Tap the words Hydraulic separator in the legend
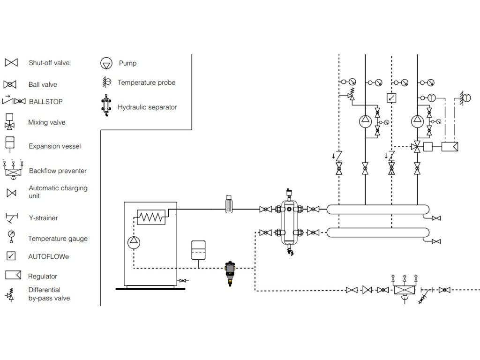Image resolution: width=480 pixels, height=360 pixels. click(x=147, y=107)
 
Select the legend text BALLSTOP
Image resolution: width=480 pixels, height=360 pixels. click(x=45, y=101)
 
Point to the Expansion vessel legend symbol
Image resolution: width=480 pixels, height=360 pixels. click(x=9, y=142)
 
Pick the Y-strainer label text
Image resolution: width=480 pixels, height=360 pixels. click(x=43, y=218)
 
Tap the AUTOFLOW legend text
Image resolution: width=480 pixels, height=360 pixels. click(x=49, y=257)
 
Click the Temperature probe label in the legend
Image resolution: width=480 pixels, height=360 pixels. click(x=146, y=82)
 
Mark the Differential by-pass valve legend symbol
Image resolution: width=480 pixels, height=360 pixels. click(x=10, y=294)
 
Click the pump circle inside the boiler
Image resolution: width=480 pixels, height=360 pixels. click(x=134, y=241)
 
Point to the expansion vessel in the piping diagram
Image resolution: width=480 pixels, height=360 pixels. click(x=199, y=249)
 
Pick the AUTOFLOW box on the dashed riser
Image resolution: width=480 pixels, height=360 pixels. click(x=391, y=98)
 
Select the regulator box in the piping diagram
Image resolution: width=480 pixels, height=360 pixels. click(x=450, y=146)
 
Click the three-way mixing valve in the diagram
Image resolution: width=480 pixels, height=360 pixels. click(x=417, y=146)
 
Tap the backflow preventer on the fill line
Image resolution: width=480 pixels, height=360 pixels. click(x=404, y=290)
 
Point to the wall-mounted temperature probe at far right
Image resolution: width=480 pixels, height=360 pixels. click(x=464, y=97)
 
